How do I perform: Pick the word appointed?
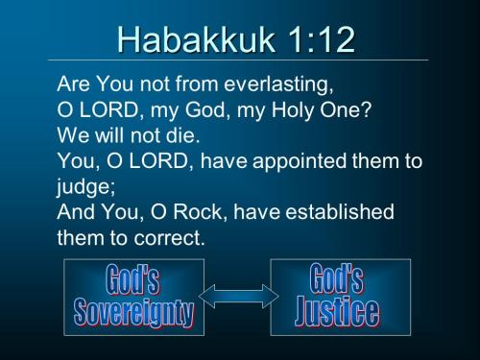click(x=306, y=160)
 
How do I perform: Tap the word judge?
click(x=84, y=185)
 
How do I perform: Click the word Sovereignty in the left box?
click(x=133, y=312)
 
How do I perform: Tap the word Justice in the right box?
click(x=335, y=312)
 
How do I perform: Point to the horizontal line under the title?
click(x=240, y=60)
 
